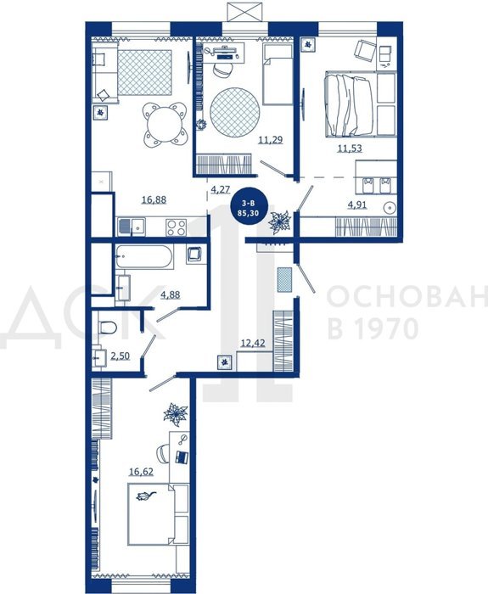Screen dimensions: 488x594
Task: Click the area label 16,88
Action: click(x=154, y=199)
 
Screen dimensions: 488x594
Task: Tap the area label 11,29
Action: click(x=271, y=140)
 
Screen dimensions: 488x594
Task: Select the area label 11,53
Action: click(x=350, y=148)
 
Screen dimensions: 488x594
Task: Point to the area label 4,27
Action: click(x=221, y=189)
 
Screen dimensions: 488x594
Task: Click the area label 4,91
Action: click(x=357, y=205)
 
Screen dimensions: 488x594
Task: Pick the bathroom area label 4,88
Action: click(x=171, y=294)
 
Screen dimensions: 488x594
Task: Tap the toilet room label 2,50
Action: click(x=121, y=356)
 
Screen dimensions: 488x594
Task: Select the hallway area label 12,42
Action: click(x=253, y=343)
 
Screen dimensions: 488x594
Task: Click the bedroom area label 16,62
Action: click(x=142, y=472)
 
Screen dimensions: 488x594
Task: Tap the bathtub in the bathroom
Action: click(x=144, y=256)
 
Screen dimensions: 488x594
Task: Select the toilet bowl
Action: click(x=107, y=328)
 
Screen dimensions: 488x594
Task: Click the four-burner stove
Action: click(x=177, y=227)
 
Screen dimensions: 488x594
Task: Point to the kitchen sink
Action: click(x=131, y=227)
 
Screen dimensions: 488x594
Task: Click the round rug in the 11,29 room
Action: click(x=235, y=113)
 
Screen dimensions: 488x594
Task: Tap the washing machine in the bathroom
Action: click(x=196, y=255)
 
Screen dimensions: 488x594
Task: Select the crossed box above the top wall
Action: click(x=244, y=11)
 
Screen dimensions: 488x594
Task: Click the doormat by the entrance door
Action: click(x=284, y=279)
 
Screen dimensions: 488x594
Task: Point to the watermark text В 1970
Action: click(x=373, y=328)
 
